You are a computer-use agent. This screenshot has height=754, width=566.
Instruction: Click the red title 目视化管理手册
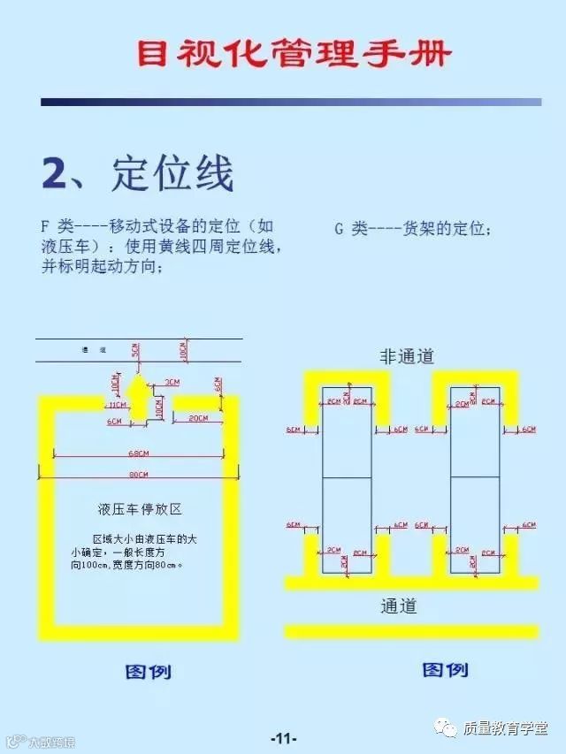coord(293,55)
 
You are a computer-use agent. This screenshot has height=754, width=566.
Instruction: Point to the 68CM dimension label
coord(136,454)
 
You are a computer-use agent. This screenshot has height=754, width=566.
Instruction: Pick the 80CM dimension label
coord(136,476)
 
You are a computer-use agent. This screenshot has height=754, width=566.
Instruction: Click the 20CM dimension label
coord(197,417)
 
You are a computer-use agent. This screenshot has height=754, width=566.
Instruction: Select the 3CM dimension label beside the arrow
coord(172,383)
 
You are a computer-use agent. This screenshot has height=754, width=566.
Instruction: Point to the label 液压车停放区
coord(140,510)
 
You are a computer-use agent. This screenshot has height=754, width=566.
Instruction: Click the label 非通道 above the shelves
coord(407,356)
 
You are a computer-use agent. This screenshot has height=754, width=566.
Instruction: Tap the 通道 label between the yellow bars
coord(398,607)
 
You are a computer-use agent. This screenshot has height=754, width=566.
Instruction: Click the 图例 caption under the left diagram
coord(148,672)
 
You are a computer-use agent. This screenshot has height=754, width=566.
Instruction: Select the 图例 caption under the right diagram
coord(445,669)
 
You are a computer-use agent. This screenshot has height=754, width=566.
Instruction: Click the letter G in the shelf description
coord(339,228)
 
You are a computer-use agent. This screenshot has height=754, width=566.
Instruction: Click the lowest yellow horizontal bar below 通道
coord(411,631)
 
